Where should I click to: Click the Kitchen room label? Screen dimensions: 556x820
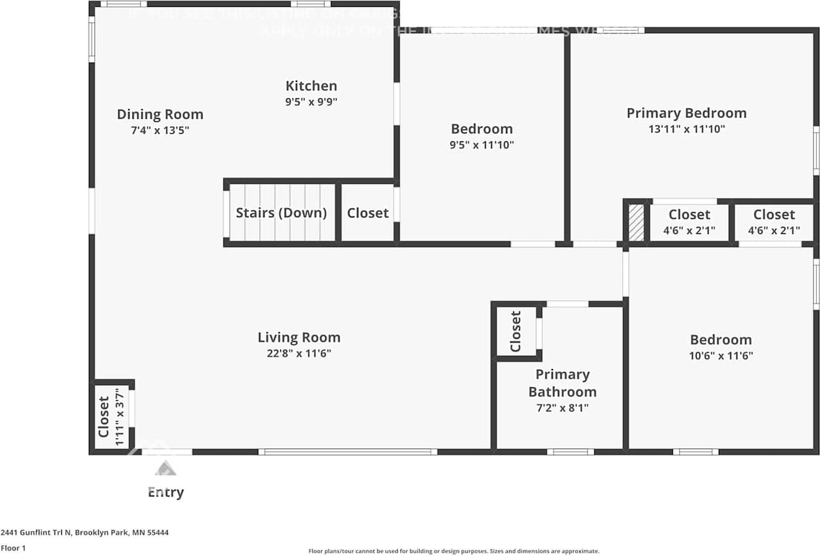311,86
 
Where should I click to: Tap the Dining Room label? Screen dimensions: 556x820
160,115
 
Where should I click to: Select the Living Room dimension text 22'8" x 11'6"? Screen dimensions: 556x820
299,353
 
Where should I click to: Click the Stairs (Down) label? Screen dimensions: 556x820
281,213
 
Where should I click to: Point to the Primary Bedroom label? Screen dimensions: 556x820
686,113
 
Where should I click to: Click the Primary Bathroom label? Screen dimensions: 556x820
562,383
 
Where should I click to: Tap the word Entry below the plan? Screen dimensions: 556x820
166,492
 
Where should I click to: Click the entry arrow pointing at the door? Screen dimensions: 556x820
165,468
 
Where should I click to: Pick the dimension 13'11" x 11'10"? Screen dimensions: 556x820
686,129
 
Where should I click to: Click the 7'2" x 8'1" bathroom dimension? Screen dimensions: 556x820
562,407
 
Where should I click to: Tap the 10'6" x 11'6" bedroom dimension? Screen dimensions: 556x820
721,356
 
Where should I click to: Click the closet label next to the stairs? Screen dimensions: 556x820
368,213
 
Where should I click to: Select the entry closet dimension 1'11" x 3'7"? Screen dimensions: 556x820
118,416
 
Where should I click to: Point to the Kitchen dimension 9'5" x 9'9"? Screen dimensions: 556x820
311,101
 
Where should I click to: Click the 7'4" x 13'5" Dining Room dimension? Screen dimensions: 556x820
160,130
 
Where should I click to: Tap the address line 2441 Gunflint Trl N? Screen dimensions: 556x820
85,532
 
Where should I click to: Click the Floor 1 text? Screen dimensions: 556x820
13,548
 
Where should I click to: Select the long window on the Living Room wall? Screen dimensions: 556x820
348,452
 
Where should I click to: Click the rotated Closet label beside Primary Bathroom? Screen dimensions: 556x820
516,331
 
